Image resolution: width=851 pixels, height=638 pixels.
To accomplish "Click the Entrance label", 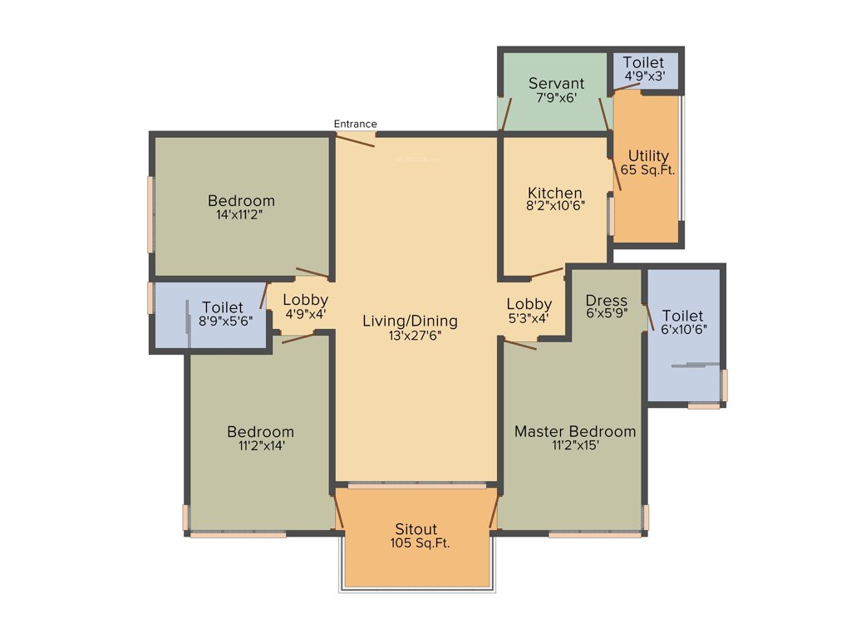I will click(x=355, y=124).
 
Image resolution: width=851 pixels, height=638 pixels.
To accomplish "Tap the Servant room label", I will click(x=556, y=84).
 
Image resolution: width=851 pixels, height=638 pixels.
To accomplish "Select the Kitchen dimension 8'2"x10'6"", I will click(x=555, y=207).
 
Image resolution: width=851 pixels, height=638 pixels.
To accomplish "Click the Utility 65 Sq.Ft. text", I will click(x=648, y=163).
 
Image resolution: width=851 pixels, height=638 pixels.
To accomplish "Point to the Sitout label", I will click(x=416, y=529).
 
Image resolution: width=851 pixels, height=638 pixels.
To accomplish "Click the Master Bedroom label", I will click(x=575, y=431).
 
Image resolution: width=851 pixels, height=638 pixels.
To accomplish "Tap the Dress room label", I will click(x=606, y=300).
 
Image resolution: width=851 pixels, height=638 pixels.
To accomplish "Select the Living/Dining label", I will click(x=410, y=321).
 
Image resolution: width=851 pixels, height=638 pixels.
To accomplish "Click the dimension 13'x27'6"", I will click(x=410, y=336).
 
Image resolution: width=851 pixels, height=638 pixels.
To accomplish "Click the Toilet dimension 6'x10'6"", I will click(x=682, y=330).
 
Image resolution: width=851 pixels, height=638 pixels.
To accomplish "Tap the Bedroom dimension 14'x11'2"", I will click(x=241, y=214).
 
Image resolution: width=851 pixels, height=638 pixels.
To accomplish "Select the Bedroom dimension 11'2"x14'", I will click(x=260, y=445).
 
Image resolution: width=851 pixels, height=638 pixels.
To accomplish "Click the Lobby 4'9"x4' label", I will click(x=304, y=307).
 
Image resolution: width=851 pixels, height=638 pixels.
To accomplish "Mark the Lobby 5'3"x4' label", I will click(x=529, y=311).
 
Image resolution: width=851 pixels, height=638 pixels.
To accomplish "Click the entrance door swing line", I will click(x=355, y=140).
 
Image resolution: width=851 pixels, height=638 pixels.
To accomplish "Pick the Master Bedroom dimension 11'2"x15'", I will click(x=575, y=445).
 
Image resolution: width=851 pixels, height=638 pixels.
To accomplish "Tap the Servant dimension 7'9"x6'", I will click(x=556, y=98).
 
